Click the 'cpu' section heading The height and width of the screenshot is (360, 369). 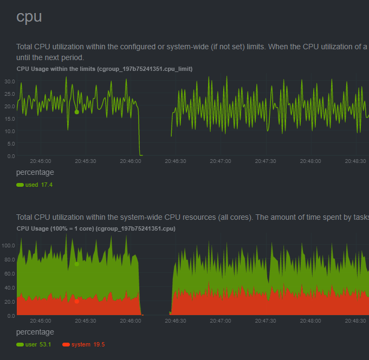[x=29, y=16]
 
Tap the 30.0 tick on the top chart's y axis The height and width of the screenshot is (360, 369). [x=9, y=82]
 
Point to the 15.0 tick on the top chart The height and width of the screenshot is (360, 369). [x=9, y=119]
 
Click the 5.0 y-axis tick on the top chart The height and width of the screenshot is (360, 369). [x=11, y=144]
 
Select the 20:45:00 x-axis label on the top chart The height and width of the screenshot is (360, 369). [x=41, y=161]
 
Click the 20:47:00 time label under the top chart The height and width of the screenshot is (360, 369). [x=221, y=161]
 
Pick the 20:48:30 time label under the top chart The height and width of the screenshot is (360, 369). [x=355, y=161]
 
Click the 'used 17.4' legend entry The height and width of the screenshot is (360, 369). [x=35, y=185]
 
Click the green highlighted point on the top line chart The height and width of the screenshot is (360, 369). [x=76, y=112]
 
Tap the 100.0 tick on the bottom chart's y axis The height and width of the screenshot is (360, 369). [x=8, y=245]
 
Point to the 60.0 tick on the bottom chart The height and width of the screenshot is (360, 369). [x=9, y=273]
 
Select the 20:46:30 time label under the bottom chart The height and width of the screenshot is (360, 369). [x=176, y=320]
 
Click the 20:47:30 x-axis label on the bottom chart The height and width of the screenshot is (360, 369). [x=266, y=320]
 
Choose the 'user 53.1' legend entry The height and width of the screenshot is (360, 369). [x=35, y=344]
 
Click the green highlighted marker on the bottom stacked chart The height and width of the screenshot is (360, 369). [x=76, y=264]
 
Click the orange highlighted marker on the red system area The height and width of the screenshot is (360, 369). [x=76, y=301]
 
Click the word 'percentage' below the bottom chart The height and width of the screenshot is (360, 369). [x=35, y=332]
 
